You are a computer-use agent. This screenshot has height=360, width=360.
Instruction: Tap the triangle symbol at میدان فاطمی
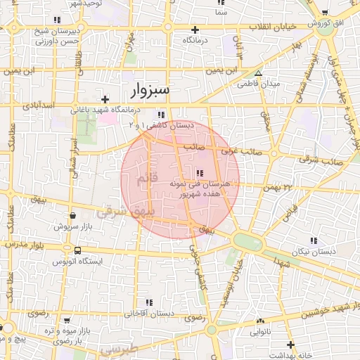point(258,73)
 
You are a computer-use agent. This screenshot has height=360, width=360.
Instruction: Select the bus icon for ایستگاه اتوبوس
point(77,250)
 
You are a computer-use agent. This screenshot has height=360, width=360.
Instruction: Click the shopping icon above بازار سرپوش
point(72,216)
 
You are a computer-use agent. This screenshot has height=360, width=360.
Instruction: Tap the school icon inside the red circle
point(200,173)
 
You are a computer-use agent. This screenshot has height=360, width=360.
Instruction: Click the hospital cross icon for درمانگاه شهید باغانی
point(105,99)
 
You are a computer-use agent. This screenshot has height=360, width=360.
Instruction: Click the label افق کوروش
point(328,23)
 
